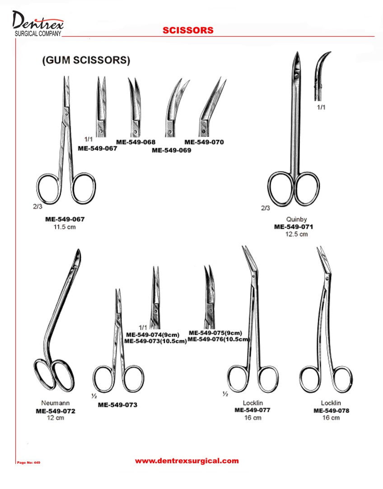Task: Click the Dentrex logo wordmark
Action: pos(38,24)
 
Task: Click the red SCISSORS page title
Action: pos(188,30)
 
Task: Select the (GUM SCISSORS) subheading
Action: pos(86,60)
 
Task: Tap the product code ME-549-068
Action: pos(135,142)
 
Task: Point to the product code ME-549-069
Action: pos(171,150)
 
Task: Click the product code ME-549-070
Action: pos(204,142)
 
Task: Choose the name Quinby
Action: pos(296,220)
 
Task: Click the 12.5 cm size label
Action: pos(296,234)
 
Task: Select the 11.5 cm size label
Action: pos(65,227)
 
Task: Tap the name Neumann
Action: pos(56,403)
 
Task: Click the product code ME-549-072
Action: pos(56,411)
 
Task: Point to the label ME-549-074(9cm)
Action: pos(153,334)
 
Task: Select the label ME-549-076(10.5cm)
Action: pos(219,339)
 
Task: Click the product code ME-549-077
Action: pos(252,410)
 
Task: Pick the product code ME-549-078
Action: pos(331,411)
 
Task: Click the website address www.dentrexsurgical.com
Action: pos(187,461)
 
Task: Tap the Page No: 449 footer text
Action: pos(28,462)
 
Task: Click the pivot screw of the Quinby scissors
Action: pos(296,75)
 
